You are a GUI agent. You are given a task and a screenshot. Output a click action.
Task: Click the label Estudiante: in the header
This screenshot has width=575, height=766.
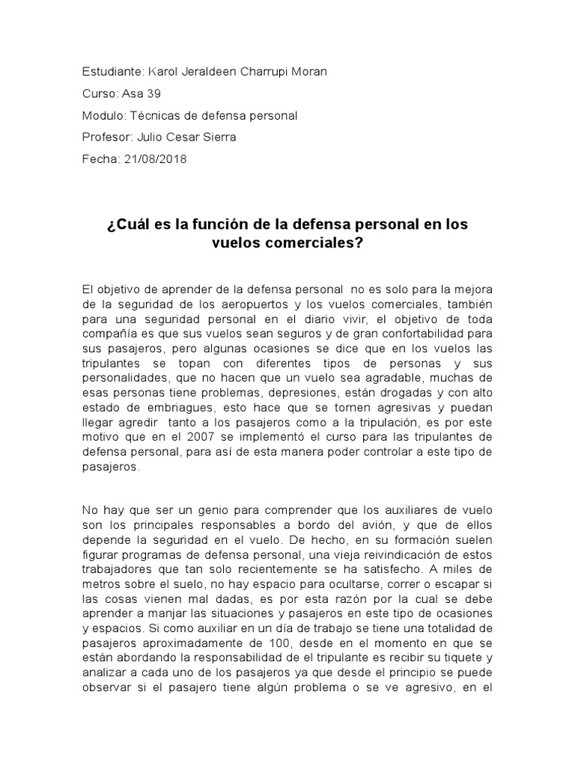click(112, 71)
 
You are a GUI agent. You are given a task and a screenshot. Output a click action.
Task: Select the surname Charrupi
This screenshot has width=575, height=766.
click(257, 71)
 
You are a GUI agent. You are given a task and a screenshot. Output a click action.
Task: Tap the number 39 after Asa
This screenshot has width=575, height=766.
click(153, 94)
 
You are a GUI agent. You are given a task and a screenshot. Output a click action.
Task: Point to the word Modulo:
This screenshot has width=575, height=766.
click(105, 115)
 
